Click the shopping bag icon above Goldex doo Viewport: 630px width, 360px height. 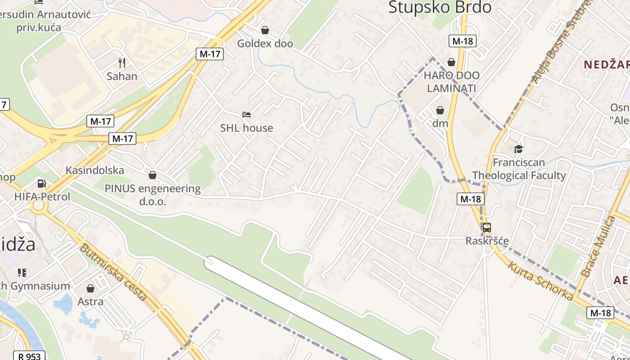coord(265,30)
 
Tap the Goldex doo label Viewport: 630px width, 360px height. coord(265,44)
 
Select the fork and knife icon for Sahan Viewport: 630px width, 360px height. coord(122,63)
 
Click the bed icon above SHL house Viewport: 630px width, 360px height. coord(247,115)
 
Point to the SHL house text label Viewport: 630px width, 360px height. coord(247,128)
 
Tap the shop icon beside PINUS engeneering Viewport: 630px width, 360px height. coord(153,175)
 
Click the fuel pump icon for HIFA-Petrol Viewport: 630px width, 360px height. coord(42,183)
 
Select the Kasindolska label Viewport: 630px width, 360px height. coord(95,170)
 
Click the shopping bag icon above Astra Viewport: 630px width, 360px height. coord(90,288)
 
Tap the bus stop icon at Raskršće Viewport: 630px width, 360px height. coord(487,228)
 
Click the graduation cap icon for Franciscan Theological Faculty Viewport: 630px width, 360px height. coord(519,149)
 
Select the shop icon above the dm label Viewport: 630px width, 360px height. coord(440,110)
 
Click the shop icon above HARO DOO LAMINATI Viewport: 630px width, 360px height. coord(451,62)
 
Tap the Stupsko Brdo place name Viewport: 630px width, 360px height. coord(440,7)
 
